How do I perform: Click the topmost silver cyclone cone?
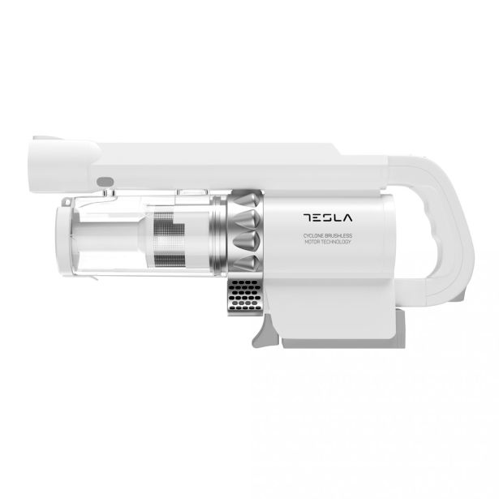tap(250, 201)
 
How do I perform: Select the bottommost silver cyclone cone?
tap(250, 261)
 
